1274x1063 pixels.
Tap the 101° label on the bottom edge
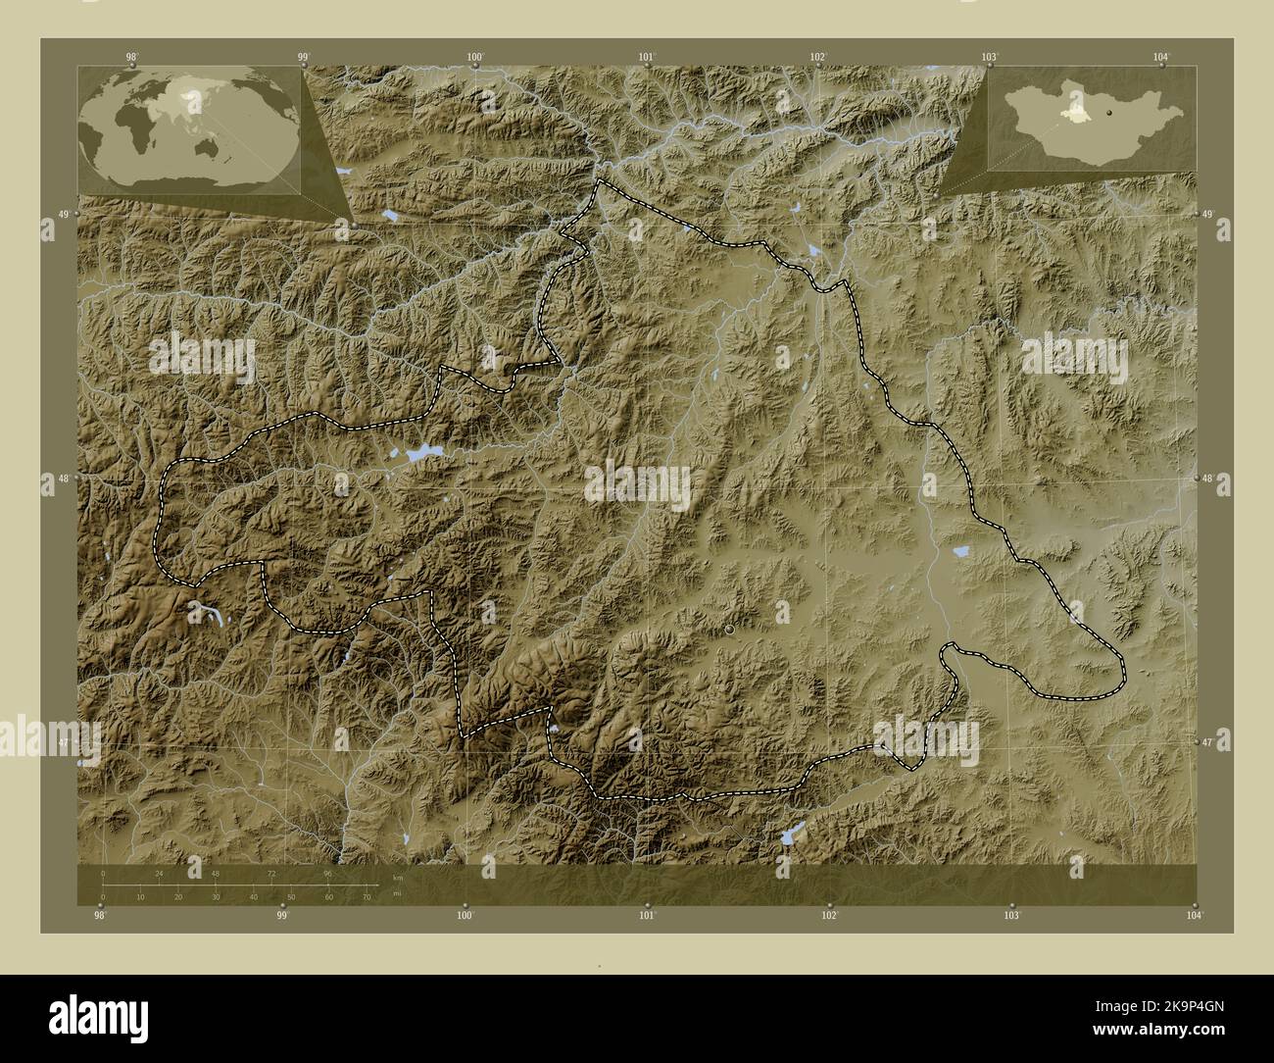click(647, 916)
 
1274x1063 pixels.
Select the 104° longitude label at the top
click(1161, 56)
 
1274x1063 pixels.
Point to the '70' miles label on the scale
click(367, 896)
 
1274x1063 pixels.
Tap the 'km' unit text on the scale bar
click(397, 877)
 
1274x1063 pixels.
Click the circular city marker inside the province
click(731, 631)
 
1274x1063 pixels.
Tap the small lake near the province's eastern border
click(961, 553)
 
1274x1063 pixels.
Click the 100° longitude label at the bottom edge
click(465, 916)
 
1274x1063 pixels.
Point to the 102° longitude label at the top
click(818, 56)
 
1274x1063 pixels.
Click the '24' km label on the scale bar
click(159, 872)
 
